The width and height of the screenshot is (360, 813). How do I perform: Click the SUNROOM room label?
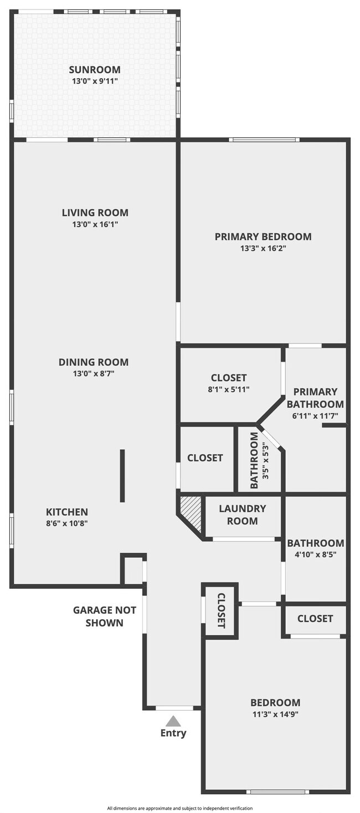(x=95, y=70)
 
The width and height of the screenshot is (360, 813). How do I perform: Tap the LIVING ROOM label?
(x=95, y=213)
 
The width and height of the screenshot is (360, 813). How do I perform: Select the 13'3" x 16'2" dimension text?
(x=263, y=249)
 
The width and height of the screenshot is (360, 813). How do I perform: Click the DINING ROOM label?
(x=94, y=362)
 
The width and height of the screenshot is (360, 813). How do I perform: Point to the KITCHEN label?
(x=66, y=512)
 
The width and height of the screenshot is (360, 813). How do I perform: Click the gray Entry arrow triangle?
(x=173, y=721)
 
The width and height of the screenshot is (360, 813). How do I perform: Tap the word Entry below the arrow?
(x=173, y=733)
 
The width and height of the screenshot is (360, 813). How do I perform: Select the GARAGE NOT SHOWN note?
(x=105, y=616)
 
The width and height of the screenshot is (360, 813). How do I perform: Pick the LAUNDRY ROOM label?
(x=242, y=514)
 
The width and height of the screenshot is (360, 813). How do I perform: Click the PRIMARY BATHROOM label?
(x=315, y=398)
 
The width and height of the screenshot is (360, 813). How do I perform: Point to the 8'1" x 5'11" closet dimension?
(x=229, y=389)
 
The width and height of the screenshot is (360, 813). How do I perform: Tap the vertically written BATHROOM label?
(x=254, y=460)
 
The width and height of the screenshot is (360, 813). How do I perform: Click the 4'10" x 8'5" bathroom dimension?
(x=315, y=554)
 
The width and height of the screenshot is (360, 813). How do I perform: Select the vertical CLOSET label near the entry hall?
(x=220, y=610)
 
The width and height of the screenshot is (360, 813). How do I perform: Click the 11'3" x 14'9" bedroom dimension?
(x=275, y=714)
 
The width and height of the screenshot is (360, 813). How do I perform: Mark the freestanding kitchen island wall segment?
(x=122, y=476)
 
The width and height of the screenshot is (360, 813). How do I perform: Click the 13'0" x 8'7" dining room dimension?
(x=94, y=374)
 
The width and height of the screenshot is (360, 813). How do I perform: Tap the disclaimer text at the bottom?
(x=180, y=808)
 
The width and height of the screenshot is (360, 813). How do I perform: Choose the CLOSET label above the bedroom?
(x=315, y=619)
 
